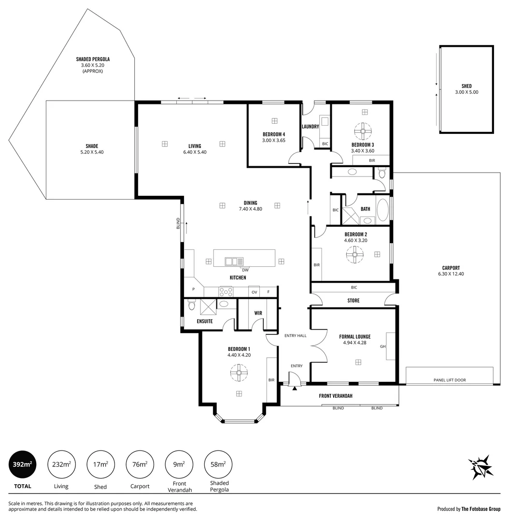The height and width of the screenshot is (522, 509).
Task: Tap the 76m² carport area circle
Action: point(140,464)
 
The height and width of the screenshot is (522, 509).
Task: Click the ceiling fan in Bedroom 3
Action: point(362,130)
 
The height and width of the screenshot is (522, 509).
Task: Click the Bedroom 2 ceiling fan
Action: point(355,254)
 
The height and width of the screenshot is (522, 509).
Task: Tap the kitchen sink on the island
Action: point(234,261)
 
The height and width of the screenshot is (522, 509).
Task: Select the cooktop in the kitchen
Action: point(226,291)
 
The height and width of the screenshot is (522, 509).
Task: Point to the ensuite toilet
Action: point(191,305)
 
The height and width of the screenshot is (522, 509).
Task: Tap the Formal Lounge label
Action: point(354,336)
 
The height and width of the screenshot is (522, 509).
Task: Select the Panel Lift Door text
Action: point(449,380)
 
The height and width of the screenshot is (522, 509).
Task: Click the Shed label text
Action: point(466,86)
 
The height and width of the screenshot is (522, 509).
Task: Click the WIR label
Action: point(258,313)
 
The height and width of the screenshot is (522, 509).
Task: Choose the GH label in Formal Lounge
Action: point(382,346)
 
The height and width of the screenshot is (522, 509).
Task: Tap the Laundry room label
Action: point(310,127)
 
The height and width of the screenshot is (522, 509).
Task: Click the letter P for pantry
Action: point(193,289)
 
